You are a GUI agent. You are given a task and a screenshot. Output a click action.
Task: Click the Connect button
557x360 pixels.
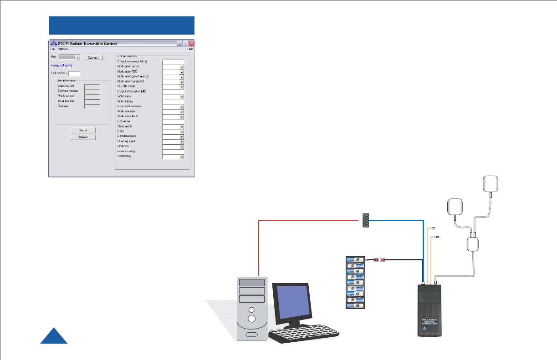point(93,58)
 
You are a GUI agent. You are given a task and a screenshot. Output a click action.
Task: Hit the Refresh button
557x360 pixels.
point(83,137)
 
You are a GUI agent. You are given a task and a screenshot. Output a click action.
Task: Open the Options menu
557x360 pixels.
point(62,49)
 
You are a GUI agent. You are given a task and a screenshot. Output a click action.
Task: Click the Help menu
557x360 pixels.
point(190,49)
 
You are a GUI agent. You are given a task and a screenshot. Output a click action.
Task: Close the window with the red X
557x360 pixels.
point(191,43)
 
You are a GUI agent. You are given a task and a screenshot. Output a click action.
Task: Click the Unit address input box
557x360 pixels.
point(74,73)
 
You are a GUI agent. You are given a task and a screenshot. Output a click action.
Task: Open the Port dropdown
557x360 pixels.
point(78,57)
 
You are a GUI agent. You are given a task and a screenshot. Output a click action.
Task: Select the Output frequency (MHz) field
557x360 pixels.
point(173,61)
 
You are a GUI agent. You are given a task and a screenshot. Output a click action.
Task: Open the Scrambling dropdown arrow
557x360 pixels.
point(181,157)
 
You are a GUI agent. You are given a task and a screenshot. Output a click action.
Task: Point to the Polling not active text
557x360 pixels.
point(62,66)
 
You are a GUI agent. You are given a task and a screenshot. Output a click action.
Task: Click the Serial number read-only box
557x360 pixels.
point(92,101)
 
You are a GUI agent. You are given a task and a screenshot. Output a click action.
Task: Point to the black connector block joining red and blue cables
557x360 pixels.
point(365,220)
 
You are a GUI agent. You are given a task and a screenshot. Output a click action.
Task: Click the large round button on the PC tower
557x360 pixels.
point(251,319)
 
